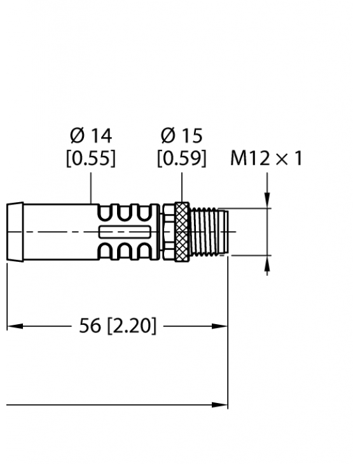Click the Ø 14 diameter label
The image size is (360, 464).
(x=90, y=135)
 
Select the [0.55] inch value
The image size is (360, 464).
(x=90, y=158)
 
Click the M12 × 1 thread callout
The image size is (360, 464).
(x=266, y=158)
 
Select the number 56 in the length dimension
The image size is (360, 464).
(x=90, y=326)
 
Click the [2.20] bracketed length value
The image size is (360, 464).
(x=130, y=326)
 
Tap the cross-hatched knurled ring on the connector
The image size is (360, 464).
(x=182, y=231)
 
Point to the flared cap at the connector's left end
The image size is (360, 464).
(x=15, y=231)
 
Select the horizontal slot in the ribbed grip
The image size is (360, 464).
(x=125, y=231)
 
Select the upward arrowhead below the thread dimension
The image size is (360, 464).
(x=267, y=263)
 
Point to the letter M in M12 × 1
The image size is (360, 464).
(x=238, y=158)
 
